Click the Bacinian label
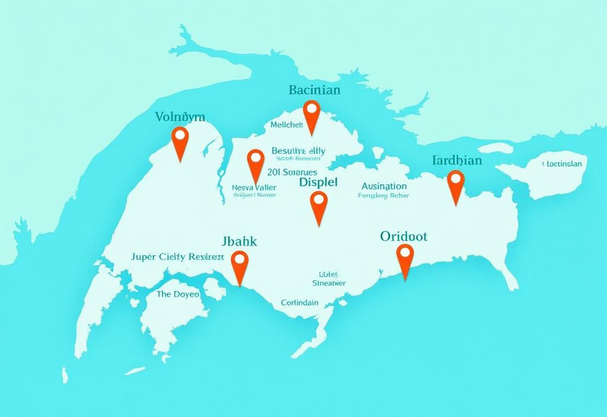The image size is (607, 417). tap(314, 91)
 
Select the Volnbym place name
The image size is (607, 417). tap(180, 117)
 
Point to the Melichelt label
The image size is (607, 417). tap(286, 125)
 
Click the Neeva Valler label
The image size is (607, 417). tap(254, 187)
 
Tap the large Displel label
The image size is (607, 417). tap(318, 182)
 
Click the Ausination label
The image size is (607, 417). tap(384, 186)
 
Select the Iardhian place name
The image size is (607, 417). tap(457, 161)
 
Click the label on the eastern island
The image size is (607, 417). tap(563, 164)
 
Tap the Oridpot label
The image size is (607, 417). tap(404, 236)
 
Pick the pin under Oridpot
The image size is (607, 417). tap(405, 254)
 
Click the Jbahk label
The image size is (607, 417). tap(239, 242)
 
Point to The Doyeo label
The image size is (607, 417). tap(178, 294)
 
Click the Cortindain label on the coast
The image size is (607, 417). tap(299, 303)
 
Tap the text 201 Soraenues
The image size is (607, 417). tap(292, 172)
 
